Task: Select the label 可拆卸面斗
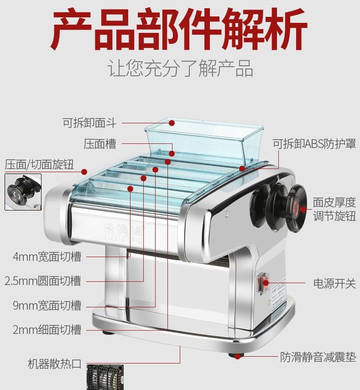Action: coord(89,122)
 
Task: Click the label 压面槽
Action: coord(100,144)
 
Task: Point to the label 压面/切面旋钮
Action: coord(39,164)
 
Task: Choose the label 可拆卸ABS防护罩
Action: coord(314,144)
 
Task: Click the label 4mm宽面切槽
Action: coord(47,257)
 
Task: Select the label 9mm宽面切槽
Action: coord(47,305)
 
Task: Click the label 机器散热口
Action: coord(54,364)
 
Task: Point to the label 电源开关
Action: coord(334,283)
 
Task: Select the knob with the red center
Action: coord(296,208)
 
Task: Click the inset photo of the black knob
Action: coord(23,192)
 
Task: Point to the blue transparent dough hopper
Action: coord(204,139)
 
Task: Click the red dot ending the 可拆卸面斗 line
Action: coord(172,122)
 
